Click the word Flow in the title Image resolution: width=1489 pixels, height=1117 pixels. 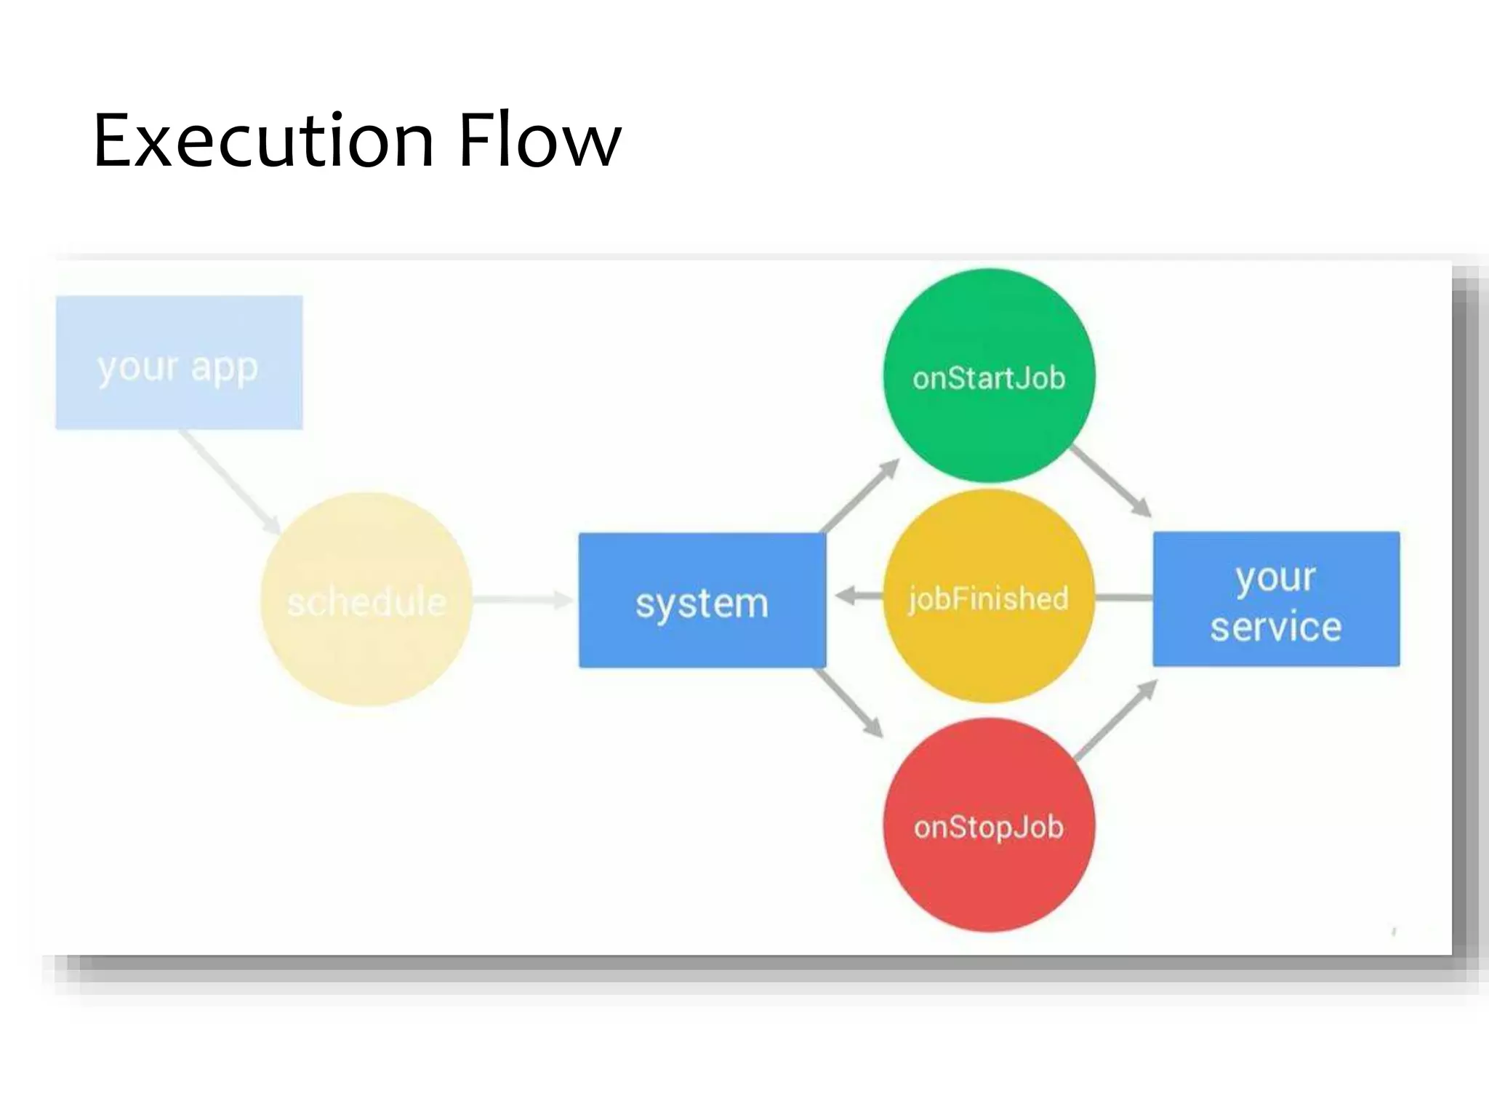pos(539,141)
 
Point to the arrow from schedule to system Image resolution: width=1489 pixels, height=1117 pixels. pos(522,599)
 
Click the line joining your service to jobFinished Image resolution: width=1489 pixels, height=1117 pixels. pos(1123,598)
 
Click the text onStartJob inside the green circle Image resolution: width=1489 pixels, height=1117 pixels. pos(989,379)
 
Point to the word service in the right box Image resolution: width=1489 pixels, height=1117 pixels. pos(1276,627)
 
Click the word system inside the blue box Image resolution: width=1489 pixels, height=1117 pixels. pos(702,604)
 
